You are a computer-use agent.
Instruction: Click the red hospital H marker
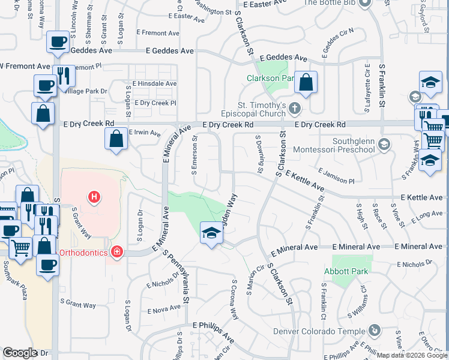94,196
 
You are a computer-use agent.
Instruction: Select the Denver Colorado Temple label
319,331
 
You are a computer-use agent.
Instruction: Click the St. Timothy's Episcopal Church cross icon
294,109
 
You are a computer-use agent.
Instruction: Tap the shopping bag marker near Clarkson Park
306,83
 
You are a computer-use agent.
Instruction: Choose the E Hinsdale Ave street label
155,83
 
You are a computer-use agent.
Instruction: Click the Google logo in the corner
20,353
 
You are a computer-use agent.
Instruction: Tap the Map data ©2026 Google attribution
412,355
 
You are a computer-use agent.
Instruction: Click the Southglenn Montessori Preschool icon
384,144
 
